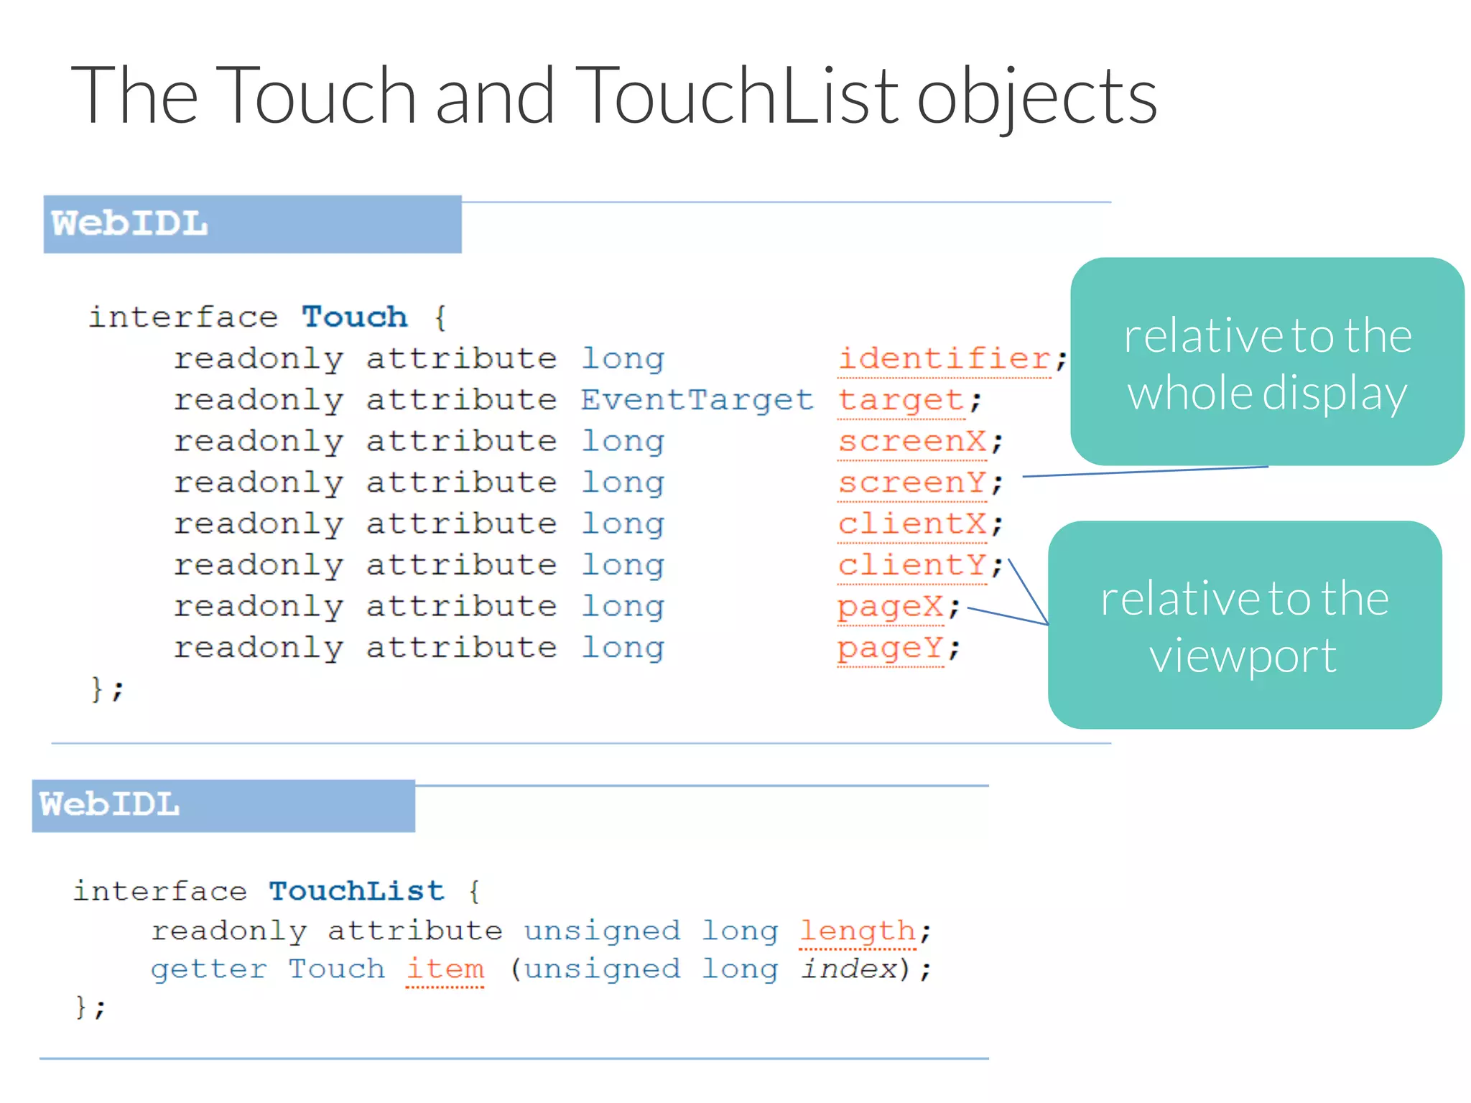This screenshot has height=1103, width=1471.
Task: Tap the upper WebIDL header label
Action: pyautogui.click(x=129, y=223)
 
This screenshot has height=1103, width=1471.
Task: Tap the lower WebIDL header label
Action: pyautogui.click(x=109, y=804)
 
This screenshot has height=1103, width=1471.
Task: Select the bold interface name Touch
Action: pyautogui.click(x=354, y=317)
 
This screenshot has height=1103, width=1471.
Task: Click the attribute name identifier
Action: pyautogui.click(x=945, y=358)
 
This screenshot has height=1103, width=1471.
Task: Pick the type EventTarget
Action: pyautogui.click(x=696, y=400)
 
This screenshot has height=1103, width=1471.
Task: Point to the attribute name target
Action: pyautogui.click(x=901, y=400)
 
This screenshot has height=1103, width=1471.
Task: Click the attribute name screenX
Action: pyautogui.click(x=912, y=441)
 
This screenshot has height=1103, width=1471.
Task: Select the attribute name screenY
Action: pyautogui.click(x=912, y=483)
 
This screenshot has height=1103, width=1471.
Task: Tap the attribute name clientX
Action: pyautogui.click(x=912, y=523)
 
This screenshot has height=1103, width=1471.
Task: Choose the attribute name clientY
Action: pyautogui.click(x=912, y=565)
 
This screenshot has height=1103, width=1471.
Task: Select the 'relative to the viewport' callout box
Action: pyautogui.click(x=1245, y=625)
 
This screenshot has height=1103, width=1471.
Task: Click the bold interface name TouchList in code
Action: pyautogui.click(x=356, y=891)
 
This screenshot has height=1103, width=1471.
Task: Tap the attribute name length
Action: pyautogui.click(x=858, y=931)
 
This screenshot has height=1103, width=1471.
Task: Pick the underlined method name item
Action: pyautogui.click(x=445, y=969)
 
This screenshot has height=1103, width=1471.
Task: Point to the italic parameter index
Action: pyautogui.click(x=850, y=969)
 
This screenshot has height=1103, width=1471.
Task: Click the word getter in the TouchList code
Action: pyautogui.click(x=208, y=969)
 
